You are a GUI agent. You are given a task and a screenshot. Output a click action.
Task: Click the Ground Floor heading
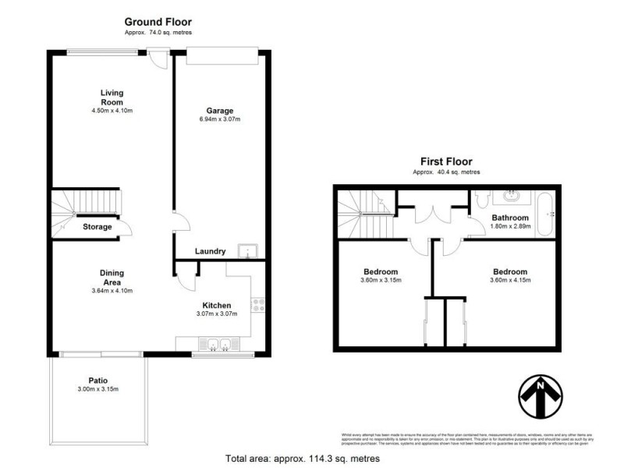coord(158,22)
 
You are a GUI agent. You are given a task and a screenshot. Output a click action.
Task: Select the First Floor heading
coord(446,161)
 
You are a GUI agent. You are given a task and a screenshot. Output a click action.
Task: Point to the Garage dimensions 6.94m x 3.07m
coord(219,119)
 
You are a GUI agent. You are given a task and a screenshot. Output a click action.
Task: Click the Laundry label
coord(211,251)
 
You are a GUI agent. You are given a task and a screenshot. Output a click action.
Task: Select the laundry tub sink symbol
coord(249,250)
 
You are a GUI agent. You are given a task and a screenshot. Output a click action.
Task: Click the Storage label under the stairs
coord(97,227)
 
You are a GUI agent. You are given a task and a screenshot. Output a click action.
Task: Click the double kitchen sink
coord(216,343)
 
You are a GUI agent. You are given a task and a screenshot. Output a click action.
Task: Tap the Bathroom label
coord(510,218)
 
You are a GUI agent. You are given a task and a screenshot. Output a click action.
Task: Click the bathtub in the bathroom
coord(551,211)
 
